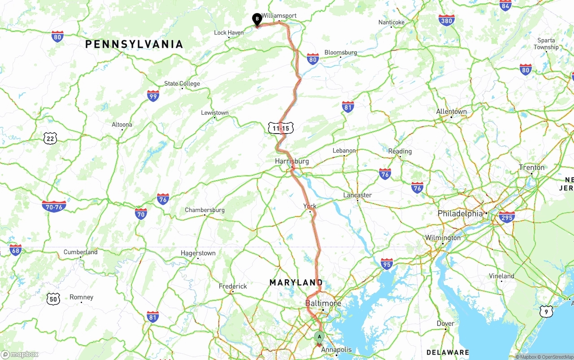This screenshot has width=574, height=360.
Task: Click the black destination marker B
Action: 257,19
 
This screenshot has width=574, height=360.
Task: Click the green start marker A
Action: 319,337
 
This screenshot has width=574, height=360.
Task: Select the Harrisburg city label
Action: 292,161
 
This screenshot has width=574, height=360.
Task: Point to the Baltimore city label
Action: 323,303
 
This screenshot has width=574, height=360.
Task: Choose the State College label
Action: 182,84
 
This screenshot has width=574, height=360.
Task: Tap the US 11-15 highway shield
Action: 281,128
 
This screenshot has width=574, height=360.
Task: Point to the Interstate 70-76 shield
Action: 54,206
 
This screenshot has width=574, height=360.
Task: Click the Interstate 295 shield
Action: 507,217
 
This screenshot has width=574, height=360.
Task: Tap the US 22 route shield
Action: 50,139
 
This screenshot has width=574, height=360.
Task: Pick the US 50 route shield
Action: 53,299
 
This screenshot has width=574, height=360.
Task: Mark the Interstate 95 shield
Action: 387,264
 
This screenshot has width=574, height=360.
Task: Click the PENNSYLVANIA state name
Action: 134,44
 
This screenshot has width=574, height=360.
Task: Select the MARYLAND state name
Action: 296,282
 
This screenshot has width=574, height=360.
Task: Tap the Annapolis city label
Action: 337,350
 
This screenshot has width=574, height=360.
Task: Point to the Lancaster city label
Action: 357,195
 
